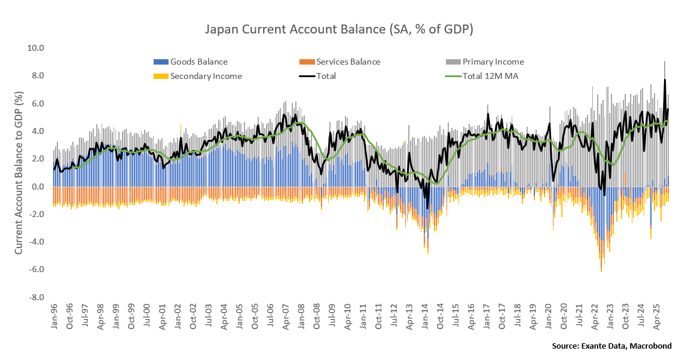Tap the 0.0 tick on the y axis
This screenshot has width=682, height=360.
(37, 187)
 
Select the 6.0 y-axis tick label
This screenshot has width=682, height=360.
(37, 103)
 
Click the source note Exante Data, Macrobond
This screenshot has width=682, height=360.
(611, 346)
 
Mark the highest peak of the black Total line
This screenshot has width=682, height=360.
(664, 80)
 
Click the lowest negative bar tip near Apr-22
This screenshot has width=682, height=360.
(601, 271)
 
